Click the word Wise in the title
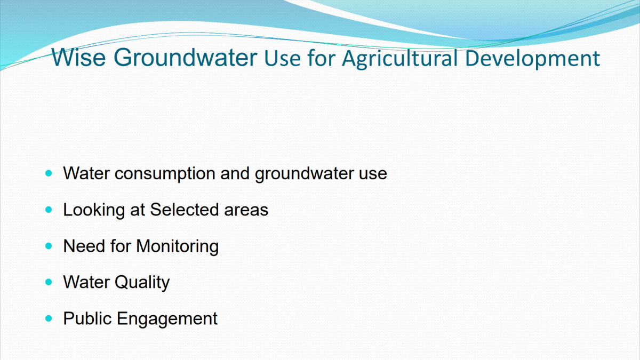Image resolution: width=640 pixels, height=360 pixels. [x=78, y=58]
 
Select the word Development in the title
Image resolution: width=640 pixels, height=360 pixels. [x=533, y=59]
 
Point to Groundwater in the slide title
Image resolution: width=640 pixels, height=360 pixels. [x=186, y=58]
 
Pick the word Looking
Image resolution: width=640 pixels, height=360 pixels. [x=94, y=210]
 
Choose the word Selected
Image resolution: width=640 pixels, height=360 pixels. [x=185, y=210]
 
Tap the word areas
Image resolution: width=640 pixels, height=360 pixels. [x=246, y=211]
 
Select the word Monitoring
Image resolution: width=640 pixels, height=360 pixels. [x=178, y=246]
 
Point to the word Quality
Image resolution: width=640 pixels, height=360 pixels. [x=142, y=283]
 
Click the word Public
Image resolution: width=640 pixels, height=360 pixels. [x=87, y=318]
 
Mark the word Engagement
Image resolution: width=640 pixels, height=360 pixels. [x=167, y=319]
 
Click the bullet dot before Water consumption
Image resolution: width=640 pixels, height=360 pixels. [x=49, y=173]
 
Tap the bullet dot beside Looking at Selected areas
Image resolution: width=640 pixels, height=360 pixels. [x=49, y=210]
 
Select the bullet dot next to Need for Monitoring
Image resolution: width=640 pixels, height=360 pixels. [x=49, y=246]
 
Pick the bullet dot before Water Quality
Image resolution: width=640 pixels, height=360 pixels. [x=49, y=282]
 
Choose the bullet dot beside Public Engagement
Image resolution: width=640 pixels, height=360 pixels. [x=49, y=318]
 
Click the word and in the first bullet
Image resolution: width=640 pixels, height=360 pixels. [x=235, y=173]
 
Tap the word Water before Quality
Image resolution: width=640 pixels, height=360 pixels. [x=86, y=282]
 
